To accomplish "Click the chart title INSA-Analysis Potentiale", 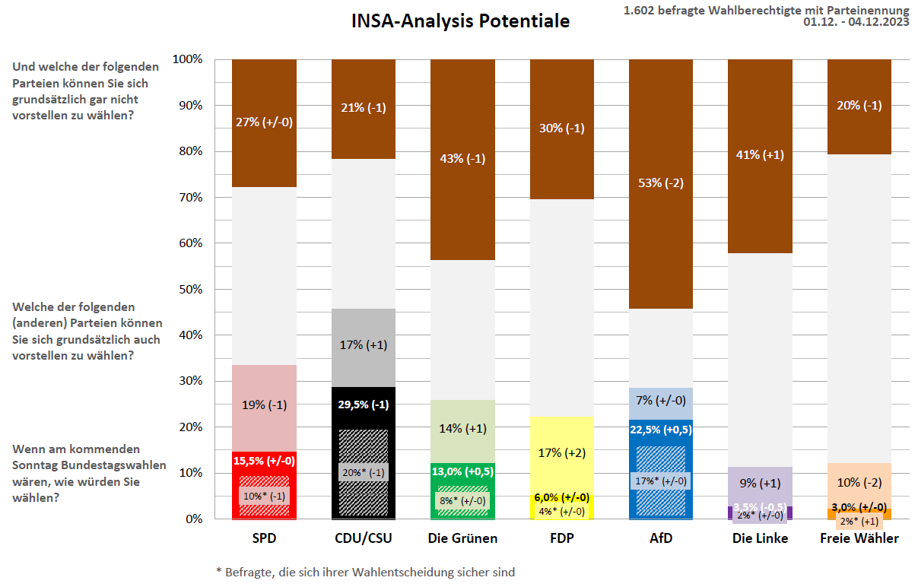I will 460,21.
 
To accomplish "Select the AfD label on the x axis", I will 661,538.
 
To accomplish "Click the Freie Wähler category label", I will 859,538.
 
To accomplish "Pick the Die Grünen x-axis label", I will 462,538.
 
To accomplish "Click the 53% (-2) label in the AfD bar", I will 661,183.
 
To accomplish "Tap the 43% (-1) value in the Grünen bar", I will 462,159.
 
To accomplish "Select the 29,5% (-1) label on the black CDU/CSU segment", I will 364,405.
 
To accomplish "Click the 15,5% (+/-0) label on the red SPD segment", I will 264,461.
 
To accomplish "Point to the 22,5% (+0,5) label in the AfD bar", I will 661,429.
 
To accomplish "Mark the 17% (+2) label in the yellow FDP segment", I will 562,453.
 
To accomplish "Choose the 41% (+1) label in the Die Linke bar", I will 760,155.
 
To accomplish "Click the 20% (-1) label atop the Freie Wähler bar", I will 859,106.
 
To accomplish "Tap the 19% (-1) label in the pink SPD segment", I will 264,405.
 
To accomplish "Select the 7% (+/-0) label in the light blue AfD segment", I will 661,400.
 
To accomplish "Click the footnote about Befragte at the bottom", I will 365,572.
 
